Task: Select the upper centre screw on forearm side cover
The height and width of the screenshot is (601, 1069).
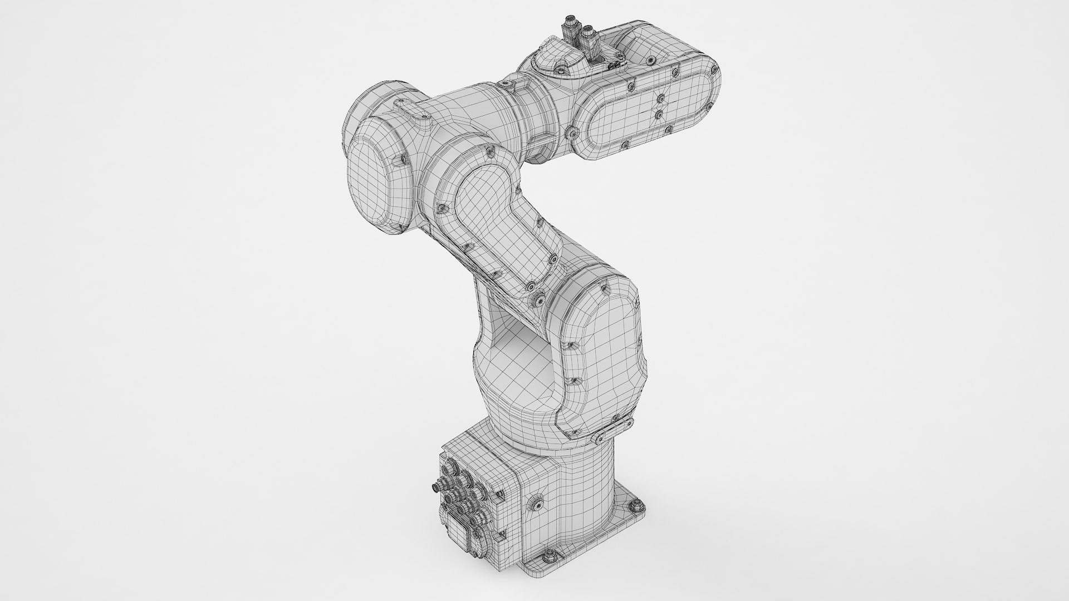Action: [x=660, y=98]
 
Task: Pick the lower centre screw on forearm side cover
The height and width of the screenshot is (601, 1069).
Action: [x=659, y=114]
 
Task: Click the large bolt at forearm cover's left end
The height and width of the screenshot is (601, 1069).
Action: [x=573, y=133]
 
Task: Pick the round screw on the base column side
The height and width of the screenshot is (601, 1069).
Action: [x=538, y=503]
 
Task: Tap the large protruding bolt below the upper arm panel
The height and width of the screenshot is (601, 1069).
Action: [x=538, y=300]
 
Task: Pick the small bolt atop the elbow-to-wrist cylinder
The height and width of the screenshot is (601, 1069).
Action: [x=506, y=84]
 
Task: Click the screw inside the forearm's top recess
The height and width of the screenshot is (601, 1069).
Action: [x=650, y=60]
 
